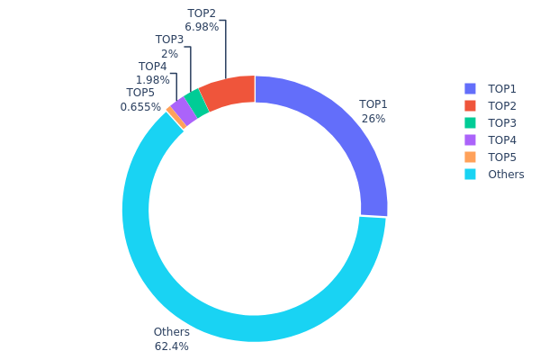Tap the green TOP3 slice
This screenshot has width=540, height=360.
196,103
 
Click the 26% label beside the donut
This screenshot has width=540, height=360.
373,119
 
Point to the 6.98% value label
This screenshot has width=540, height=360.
202,28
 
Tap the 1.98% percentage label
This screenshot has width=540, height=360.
152,81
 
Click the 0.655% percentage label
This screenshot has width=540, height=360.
140,107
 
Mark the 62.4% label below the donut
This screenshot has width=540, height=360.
171,346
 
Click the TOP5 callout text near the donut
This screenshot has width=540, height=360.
140,93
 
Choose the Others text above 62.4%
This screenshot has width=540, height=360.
171,332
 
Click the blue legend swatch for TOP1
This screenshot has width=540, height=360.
470,88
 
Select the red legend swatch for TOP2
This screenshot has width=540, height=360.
470,105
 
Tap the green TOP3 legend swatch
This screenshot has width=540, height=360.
470,122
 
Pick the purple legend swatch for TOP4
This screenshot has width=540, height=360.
470,139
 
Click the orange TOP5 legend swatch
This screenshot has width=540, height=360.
470,157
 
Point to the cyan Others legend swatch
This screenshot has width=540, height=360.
470,174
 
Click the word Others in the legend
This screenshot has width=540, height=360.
506,174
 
